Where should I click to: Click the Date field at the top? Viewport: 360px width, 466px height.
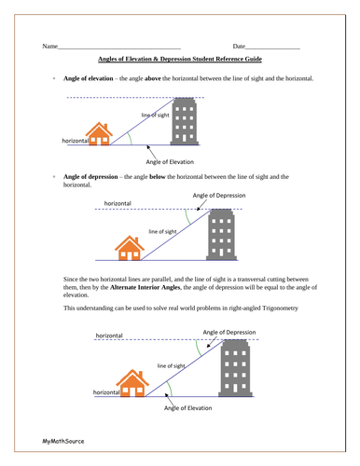[x=272, y=46]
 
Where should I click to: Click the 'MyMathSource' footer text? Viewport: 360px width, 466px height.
[x=62, y=437]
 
